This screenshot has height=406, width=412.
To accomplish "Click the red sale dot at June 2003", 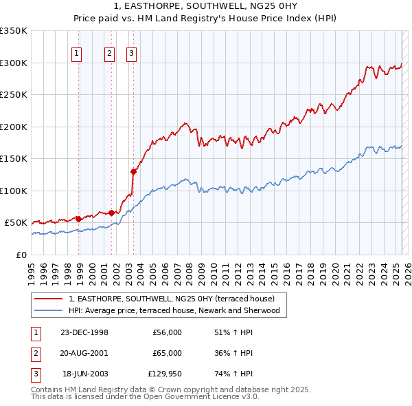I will point(133,171).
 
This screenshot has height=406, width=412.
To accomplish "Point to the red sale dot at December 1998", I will point(78,219).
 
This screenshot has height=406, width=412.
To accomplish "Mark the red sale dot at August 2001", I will point(111,213).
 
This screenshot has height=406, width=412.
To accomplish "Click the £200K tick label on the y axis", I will point(14,127).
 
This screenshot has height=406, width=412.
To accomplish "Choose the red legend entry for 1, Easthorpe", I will point(171,299).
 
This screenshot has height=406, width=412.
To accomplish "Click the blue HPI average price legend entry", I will point(177,310).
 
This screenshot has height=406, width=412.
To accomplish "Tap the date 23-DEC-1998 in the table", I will point(84,332).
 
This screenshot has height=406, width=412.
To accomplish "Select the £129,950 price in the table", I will point(165,374).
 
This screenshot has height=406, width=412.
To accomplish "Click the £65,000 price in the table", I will point(168,353).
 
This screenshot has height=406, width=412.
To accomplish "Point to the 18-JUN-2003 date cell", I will point(85,374).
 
